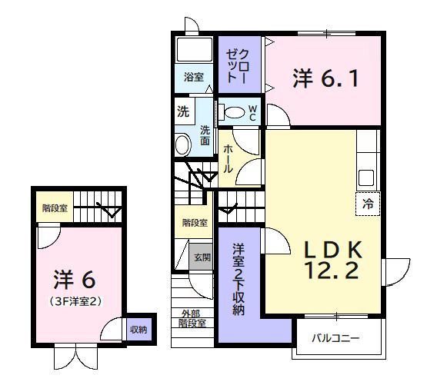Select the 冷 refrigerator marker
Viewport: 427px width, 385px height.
368,204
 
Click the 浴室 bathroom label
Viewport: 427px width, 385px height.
194,78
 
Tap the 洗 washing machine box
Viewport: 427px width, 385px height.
183,111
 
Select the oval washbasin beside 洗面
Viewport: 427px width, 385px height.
182,144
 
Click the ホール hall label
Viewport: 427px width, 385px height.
228,158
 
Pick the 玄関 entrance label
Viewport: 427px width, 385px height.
202,257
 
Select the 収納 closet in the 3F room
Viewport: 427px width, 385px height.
138,330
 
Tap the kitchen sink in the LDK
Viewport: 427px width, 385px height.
365,178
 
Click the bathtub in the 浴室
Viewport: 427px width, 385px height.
195,52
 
